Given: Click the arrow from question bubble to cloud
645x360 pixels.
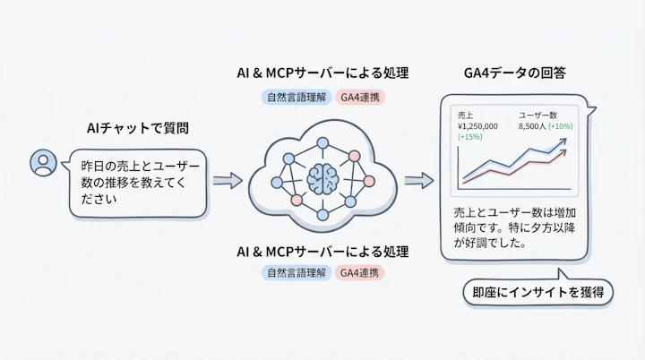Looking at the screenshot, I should (228, 180).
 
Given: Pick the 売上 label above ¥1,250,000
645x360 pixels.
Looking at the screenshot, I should (466, 116).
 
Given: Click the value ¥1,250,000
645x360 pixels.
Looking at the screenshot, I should (477, 127).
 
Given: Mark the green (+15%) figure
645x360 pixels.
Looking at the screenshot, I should (469, 138).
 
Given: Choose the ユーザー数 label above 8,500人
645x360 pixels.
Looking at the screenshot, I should (537, 116).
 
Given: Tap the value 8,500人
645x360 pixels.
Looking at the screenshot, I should (532, 127).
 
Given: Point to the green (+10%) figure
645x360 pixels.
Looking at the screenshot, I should (561, 127).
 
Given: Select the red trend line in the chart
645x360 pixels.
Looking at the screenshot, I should (537, 168).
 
